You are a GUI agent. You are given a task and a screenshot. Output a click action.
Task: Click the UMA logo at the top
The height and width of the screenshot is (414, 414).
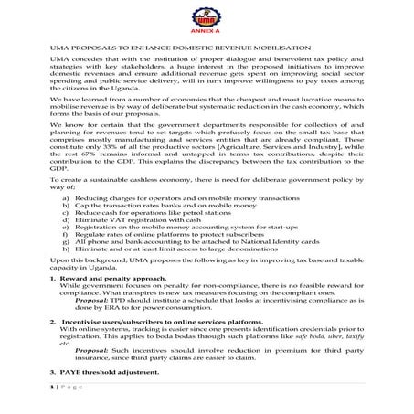click(x=206, y=13)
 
